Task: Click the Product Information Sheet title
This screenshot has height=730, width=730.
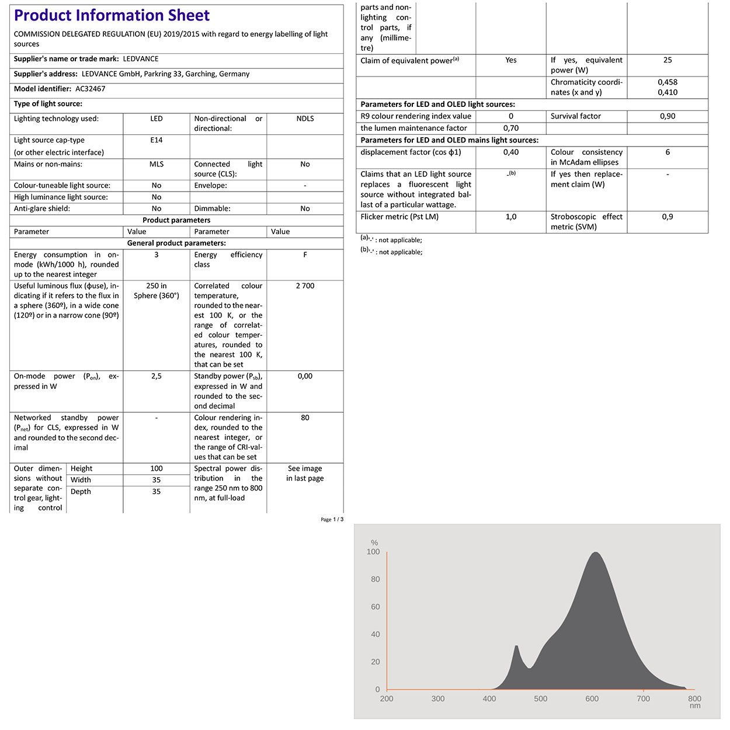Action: pos(112,16)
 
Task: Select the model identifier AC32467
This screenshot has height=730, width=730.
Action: pos(91,89)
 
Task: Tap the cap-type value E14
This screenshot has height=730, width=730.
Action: pos(157,140)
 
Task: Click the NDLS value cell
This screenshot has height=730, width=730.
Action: pos(305,119)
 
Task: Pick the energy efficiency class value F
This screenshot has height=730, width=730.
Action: pos(305,255)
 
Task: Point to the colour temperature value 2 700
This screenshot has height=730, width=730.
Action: pos(305,286)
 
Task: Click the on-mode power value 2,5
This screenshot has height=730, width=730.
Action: pos(157,376)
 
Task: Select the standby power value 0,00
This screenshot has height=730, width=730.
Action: pos(305,376)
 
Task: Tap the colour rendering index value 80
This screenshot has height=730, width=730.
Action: pos(305,418)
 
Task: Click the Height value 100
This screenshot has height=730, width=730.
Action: pos(157,468)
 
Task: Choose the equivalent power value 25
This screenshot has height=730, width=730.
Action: pos(668,60)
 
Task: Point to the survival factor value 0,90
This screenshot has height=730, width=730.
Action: pos(668,116)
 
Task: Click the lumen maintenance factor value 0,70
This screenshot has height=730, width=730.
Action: pos(511,128)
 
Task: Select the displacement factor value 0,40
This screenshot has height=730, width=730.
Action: pos(511,152)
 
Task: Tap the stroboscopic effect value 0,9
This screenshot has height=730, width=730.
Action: pos(668,217)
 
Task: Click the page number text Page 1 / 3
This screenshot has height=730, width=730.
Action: pos(332,519)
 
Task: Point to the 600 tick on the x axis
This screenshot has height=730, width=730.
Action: pos(592,698)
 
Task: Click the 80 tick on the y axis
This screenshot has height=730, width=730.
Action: pos(375,579)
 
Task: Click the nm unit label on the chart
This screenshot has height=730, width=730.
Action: pos(695,706)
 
